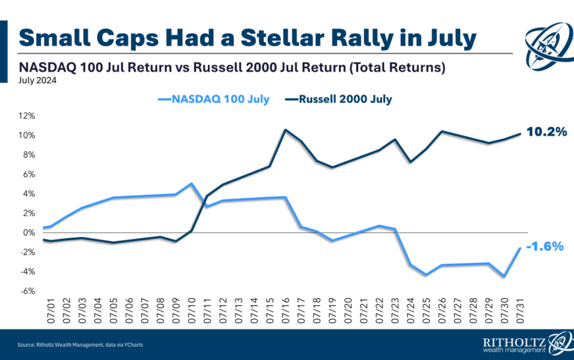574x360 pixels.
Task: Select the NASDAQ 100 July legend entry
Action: click(x=216, y=99)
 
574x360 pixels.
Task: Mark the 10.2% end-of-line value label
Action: click(x=546, y=132)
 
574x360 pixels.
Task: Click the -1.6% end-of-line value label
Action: click(x=546, y=247)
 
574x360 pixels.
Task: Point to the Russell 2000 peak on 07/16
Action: click(x=285, y=130)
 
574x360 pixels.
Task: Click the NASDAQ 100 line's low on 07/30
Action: click(x=504, y=276)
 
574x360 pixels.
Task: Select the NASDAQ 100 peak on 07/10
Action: click(x=191, y=184)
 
